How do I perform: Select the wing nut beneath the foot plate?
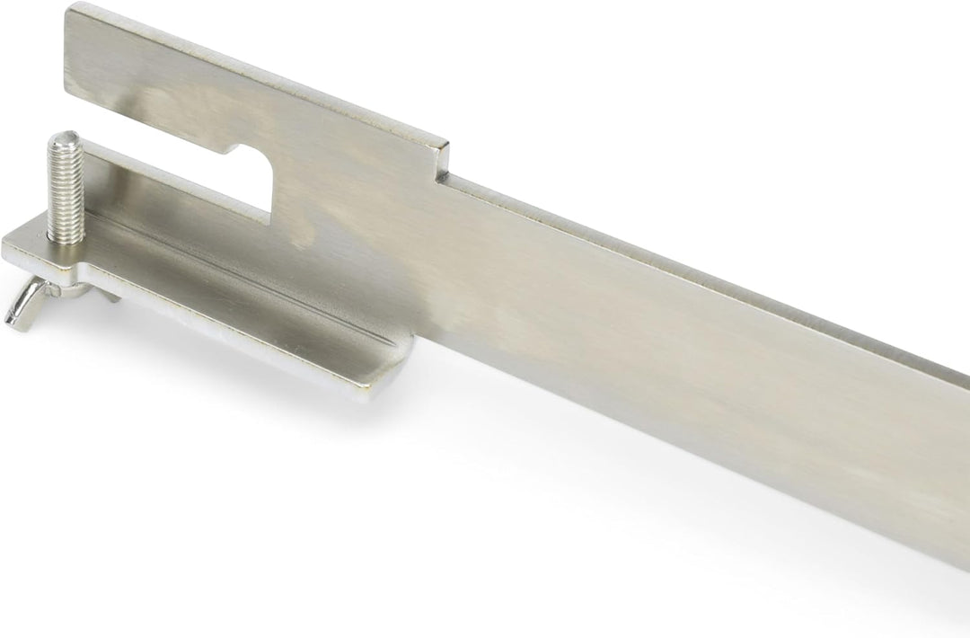click(x=31, y=301)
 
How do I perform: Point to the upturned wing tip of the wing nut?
click(x=12, y=318)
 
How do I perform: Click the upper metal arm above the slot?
click(x=225, y=99)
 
